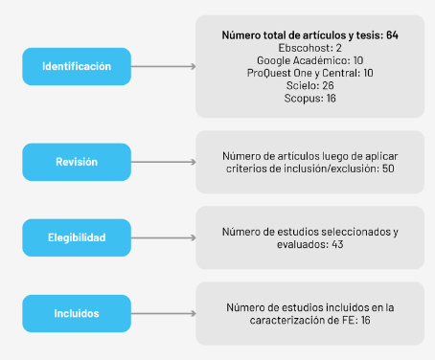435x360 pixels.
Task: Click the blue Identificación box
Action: (x=77, y=66)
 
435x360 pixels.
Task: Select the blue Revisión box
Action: (x=77, y=162)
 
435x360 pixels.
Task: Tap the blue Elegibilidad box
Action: (x=77, y=236)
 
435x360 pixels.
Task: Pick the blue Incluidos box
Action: (x=77, y=312)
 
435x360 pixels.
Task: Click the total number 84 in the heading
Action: (x=392, y=35)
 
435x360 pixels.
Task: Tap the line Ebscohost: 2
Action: (x=310, y=48)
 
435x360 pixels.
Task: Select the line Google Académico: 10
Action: (x=310, y=60)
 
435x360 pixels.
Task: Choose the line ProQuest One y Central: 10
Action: (x=310, y=73)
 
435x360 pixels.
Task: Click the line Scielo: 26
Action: (x=310, y=85)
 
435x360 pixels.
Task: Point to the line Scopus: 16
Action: (x=310, y=98)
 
